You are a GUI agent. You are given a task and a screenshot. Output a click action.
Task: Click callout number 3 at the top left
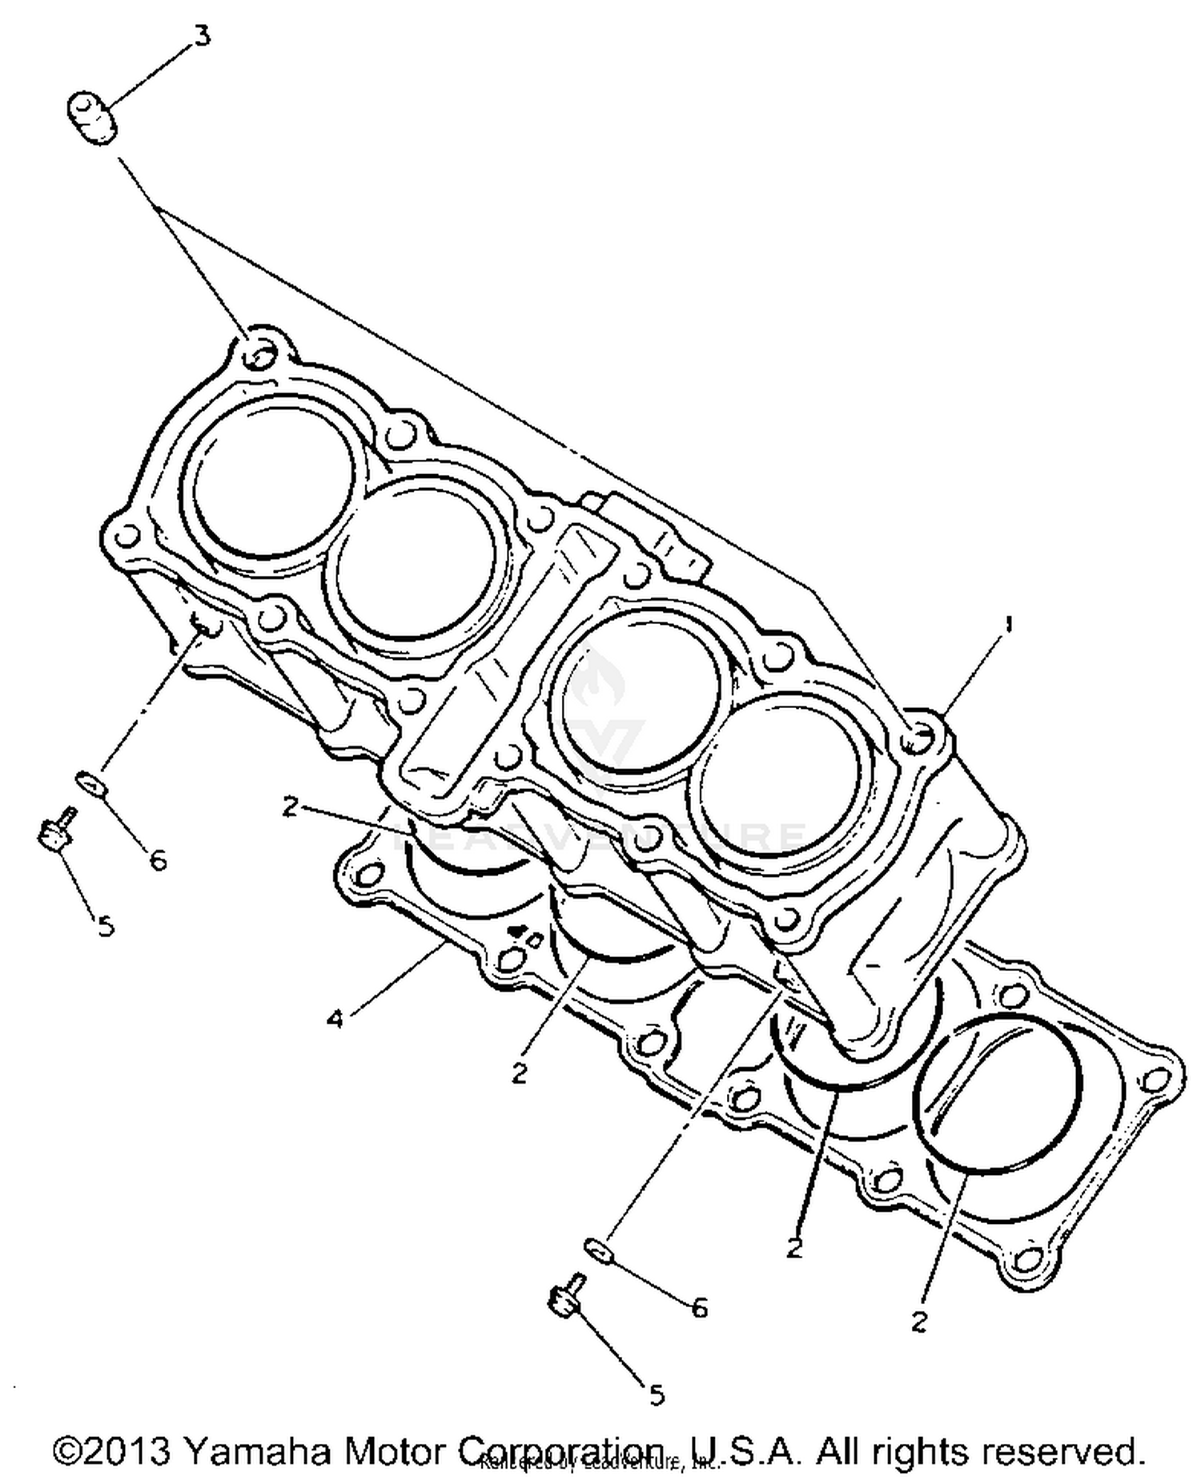pyautogui.click(x=203, y=36)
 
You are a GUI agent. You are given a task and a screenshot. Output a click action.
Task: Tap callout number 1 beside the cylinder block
pyautogui.click(x=1008, y=624)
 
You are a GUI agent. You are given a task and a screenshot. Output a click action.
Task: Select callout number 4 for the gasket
pyautogui.click(x=335, y=1020)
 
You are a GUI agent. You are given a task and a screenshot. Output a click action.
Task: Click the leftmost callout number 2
pyautogui.click(x=290, y=807)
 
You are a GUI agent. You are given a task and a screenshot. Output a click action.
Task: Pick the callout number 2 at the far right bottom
pyautogui.click(x=919, y=1321)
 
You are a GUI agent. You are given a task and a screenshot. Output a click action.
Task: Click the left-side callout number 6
pyautogui.click(x=159, y=860)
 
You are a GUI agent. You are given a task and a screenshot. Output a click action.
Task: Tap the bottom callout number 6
pyautogui.click(x=700, y=1308)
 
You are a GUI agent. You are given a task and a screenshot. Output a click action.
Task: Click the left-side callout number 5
pyautogui.click(x=106, y=926)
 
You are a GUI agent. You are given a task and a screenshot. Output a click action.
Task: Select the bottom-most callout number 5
pyautogui.click(x=657, y=1395)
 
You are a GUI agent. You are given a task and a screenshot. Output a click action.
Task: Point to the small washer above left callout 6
pyautogui.click(x=92, y=783)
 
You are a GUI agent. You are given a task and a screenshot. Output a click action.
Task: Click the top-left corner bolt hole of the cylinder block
pyautogui.click(x=258, y=353)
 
